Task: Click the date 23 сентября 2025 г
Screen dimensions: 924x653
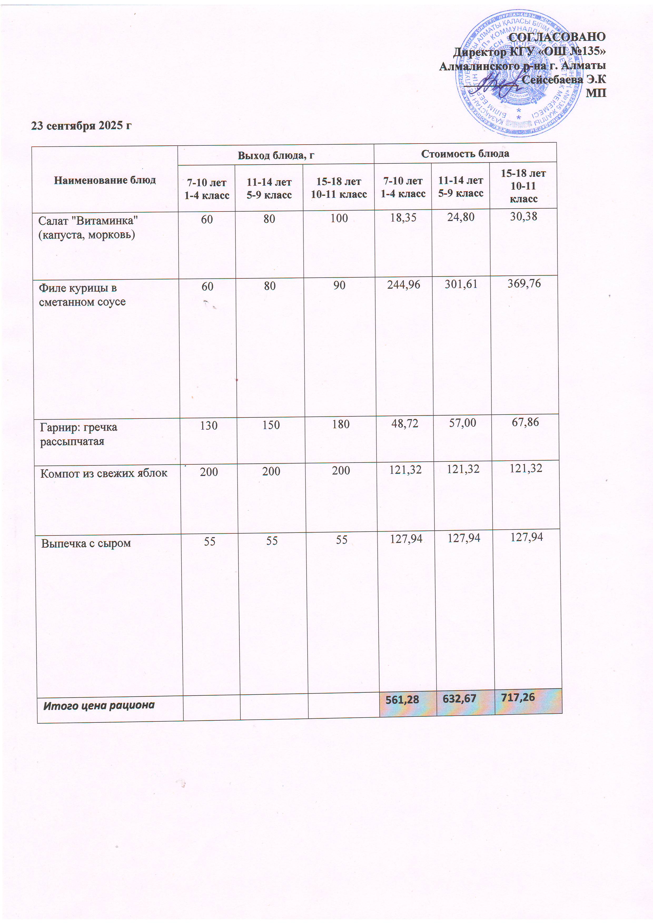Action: [x=82, y=126]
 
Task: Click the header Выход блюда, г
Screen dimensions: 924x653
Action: [x=276, y=155]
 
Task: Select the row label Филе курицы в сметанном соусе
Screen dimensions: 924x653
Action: [x=82, y=295]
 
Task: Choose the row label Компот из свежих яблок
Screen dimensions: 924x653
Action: [x=104, y=473]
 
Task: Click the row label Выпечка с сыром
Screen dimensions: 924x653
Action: [x=86, y=544]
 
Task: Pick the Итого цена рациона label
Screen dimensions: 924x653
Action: [x=99, y=705]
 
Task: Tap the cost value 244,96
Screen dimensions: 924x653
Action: [x=404, y=285]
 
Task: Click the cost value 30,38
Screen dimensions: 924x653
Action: [x=523, y=217]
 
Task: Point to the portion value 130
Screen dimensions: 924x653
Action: [x=209, y=425]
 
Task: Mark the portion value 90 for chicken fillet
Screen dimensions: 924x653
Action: [x=339, y=285]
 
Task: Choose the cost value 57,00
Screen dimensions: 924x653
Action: [x=462, y=423]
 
